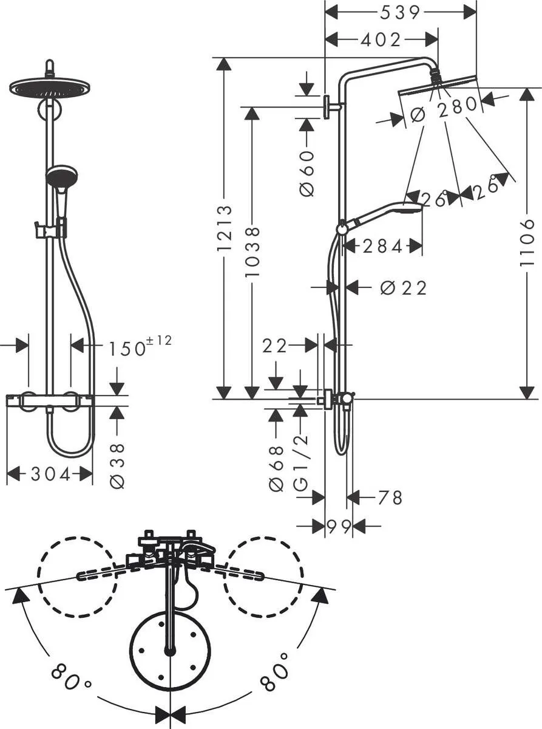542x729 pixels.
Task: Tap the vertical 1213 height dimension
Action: [x=224, y=228]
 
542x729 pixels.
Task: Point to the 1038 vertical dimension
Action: [x=252, y=252]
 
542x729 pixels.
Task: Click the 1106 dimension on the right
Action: [x=527, y=242]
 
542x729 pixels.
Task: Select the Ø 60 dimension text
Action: [x=307, y=173]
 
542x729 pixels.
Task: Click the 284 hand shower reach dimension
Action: [x=382, y=246]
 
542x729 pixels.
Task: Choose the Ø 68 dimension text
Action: [x=276, y=468]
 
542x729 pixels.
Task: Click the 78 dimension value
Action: [x=390, y=498]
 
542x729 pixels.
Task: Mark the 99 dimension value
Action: [x=339, y=527]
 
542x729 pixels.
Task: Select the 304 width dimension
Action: [x=50, y=474]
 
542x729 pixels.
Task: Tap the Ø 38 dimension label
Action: [x=118, y=466]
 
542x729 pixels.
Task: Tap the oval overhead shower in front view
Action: [x=49, y=87]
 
